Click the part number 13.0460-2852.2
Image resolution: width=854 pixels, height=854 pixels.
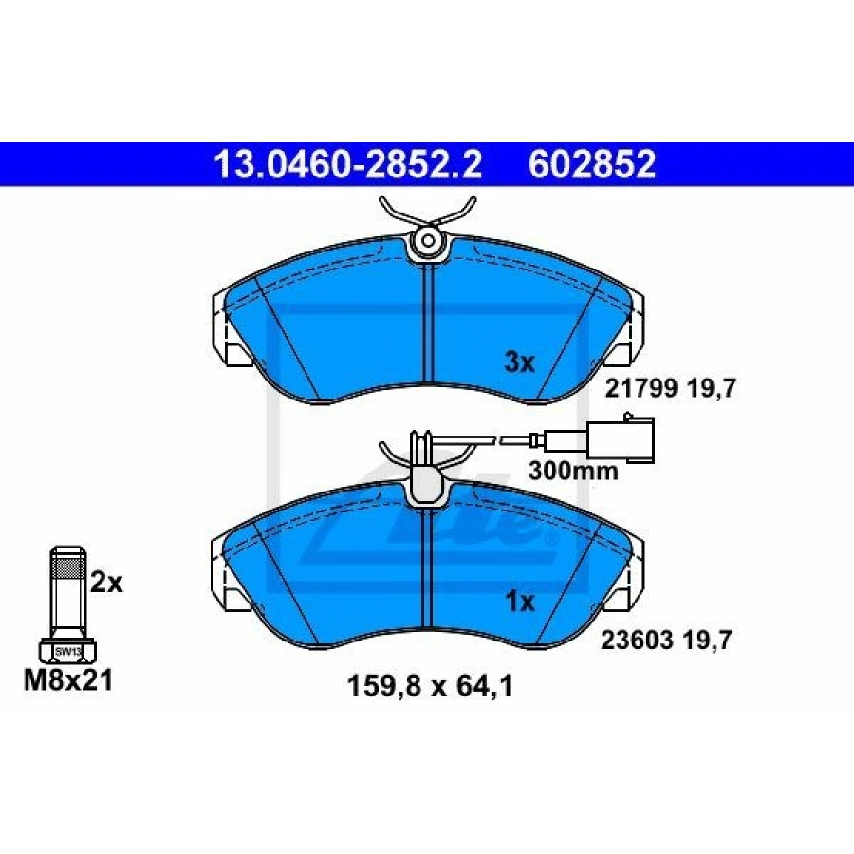(347, 164)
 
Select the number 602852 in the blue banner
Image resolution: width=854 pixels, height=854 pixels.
(592, 164)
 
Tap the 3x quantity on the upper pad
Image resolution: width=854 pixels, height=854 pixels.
(520, 362)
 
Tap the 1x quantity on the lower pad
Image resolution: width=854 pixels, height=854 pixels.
(520, 602)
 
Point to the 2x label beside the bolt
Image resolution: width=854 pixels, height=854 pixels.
(106, 583)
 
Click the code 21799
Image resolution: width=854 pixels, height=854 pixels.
(641, 389)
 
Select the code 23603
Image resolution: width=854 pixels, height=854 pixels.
(637, 640)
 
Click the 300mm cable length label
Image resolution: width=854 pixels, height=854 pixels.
(573, 471)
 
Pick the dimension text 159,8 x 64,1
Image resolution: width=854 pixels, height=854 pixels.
(430, 686)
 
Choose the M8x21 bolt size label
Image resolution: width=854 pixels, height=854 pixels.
(68, 680)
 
